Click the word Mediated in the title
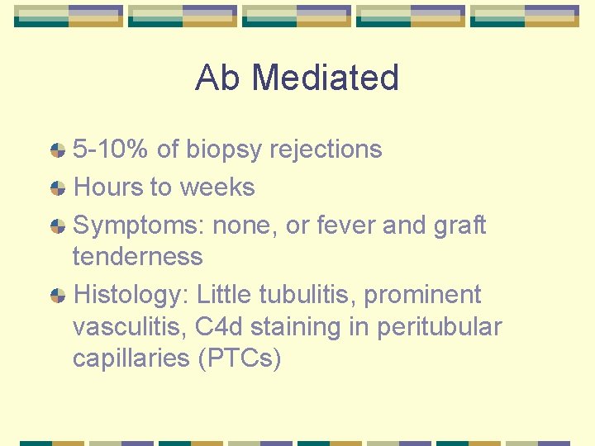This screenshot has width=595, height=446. point(325,78)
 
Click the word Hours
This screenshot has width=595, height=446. point(108,187)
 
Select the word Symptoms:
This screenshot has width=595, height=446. point(121,225)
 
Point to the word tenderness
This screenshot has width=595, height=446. point(137,257)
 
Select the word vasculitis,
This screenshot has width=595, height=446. point(130,327)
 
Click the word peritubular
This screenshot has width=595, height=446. point(439,327)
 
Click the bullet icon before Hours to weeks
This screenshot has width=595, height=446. point(58,188)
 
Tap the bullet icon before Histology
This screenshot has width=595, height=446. point(58,296)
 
